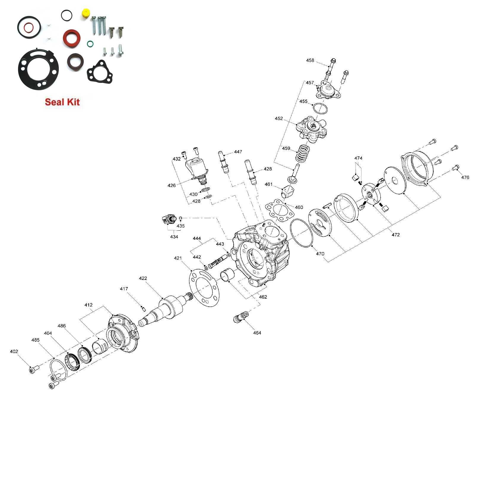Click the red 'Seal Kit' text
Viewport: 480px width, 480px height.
coord(62,102)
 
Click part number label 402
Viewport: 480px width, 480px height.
coord(14,351)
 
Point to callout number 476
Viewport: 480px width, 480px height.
coord(465,178)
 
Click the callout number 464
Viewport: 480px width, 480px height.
coord(257,333)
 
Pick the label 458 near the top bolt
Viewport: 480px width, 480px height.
coord(310,61)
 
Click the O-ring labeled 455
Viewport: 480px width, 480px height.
coord(321,108)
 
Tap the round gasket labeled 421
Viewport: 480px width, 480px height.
coord(204,288)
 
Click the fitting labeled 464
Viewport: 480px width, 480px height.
coord(240,317)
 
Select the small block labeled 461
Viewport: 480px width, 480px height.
coord(288,191)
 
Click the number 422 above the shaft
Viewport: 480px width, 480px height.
coord(143,278)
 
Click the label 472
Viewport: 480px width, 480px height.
coord(396,235)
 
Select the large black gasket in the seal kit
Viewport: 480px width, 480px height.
coord(38,69)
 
